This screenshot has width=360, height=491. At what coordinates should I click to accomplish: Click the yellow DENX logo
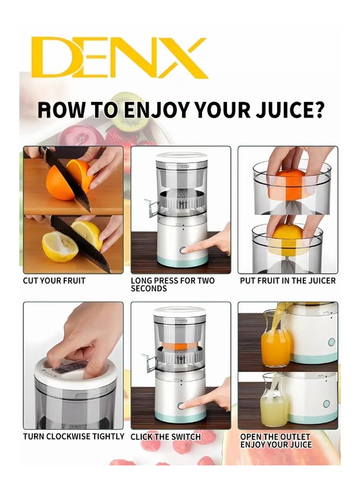(x=119, y=58)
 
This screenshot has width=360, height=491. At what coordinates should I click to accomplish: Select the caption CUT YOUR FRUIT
(x=54, y=281)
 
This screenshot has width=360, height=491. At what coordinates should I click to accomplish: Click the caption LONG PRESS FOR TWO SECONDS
(x=172, y=284)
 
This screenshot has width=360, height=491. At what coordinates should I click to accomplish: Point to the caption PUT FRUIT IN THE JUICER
(x=287, y=281)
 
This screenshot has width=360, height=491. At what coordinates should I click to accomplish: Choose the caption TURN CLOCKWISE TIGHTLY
(x=74, y=437)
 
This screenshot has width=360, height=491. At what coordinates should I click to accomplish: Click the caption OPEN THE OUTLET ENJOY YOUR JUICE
(x=275, y=441)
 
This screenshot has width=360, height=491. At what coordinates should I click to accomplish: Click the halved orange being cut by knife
(x=61, y=182)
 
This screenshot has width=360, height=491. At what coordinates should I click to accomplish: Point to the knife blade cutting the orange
(x=70, y=180)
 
